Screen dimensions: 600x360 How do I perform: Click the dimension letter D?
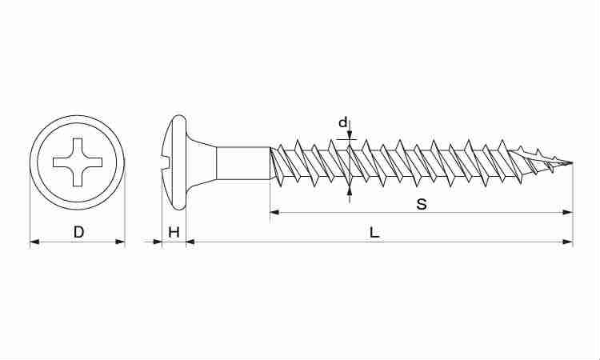coord(78,232)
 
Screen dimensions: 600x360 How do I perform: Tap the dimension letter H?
coord(174,232)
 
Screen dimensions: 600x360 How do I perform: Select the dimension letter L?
coord(374,232)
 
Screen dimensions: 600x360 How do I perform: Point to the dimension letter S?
coord(422,204)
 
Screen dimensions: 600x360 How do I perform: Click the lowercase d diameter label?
coord(343,122)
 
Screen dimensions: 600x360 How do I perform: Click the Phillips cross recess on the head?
coord(78,162)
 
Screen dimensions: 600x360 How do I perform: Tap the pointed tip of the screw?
coord(572,162)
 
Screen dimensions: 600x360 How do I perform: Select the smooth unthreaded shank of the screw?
coord(243,162)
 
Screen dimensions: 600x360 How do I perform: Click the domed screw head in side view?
coord(174,162)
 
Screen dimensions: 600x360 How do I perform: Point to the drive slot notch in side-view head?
coord(166,162)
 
